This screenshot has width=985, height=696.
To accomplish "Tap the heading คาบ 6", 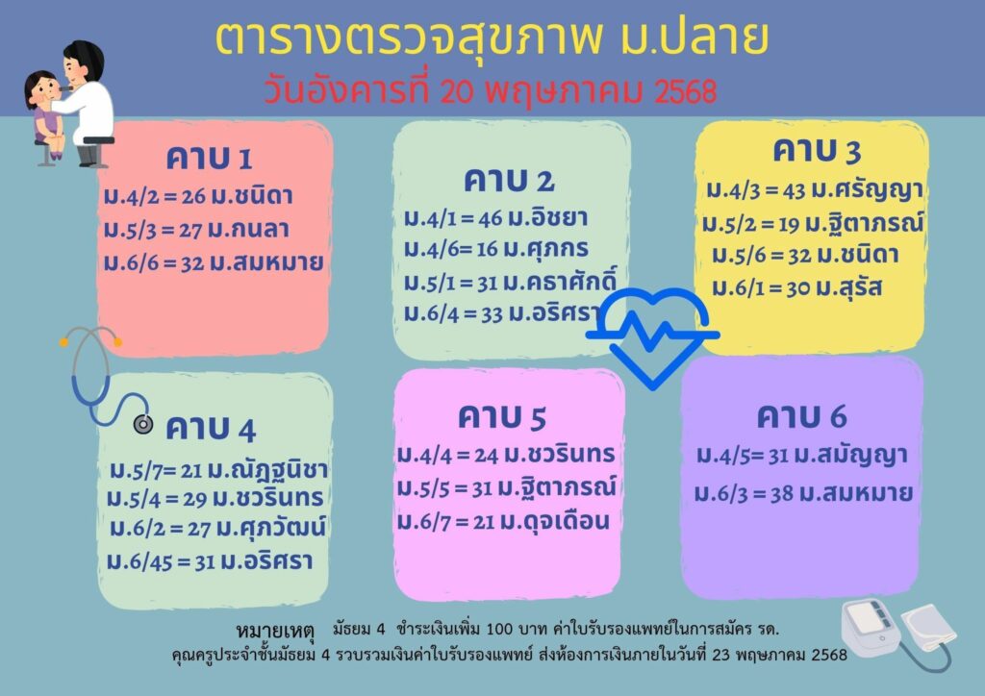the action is pyautogui.click(x=801, y=416).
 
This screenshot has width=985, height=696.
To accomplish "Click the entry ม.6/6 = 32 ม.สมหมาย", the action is pyautogui.click(x=214, y=262).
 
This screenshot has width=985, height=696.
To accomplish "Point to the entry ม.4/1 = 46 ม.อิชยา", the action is pyautogui.click(x=496, y=218).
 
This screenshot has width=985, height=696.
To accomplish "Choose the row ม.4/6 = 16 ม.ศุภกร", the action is pyautogui.click(x=496, y=249).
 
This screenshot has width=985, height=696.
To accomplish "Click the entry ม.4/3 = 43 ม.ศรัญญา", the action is pyautogui.click(x=814, y=189).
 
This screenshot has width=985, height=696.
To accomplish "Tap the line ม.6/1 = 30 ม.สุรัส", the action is pyautogui.click(x=797, y=288).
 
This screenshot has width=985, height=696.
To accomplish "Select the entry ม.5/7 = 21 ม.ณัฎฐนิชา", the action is pyautogui.click(x=218, y=469).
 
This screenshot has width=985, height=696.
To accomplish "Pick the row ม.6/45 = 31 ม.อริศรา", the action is pyautogui.click(x=210, y=561).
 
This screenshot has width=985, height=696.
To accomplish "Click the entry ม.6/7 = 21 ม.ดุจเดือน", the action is pyautogui.click(x=503, y=521).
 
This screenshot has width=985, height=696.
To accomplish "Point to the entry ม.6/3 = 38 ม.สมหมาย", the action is pyautogui.click(x=803, y=493).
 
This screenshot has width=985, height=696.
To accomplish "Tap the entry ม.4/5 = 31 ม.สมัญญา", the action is pyautogui.click(x=801, y=456).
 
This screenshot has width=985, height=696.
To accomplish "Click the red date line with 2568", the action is pyautogui.click(x=490, y=91).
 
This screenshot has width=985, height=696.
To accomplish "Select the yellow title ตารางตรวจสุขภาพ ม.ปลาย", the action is pyautogui.click(x=492, y=37).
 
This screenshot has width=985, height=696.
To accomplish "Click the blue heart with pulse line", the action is pyautogui.click(x=653, y=335).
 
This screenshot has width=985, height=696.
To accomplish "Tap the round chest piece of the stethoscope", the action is pyautogui.click(x=143, y=425).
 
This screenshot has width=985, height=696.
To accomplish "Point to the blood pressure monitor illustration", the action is pyautogui.click(x=899, y=633).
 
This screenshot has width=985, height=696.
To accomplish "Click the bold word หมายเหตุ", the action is pyautogui.click(x=275, y=630).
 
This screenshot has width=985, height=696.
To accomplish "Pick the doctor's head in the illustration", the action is pyautogui.click(x=84, y=62).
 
